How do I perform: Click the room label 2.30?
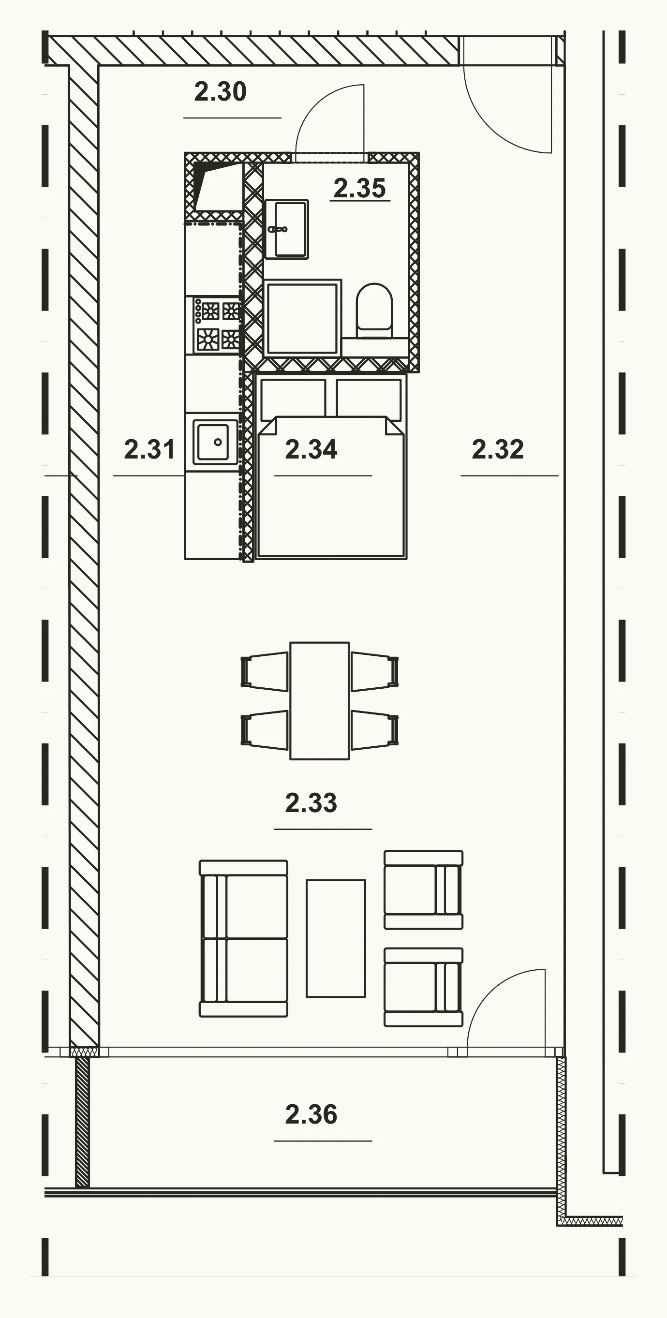coord(221,91)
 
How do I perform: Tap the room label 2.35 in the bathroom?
coord(359,188)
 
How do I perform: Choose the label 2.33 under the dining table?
coord(311,802)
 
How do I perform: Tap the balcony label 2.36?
coord(311,1114)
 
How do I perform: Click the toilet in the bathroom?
coord(374,310)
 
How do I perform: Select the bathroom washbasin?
coord(286,229)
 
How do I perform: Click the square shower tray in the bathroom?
coord(302,318)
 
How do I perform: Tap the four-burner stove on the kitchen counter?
coord(215,326)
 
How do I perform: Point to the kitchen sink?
coord(215,442)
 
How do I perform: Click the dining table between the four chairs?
coord(320,701)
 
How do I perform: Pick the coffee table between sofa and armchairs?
coord(336,938)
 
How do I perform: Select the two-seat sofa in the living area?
coord(243,938)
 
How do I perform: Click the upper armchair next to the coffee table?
coord(424,890)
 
